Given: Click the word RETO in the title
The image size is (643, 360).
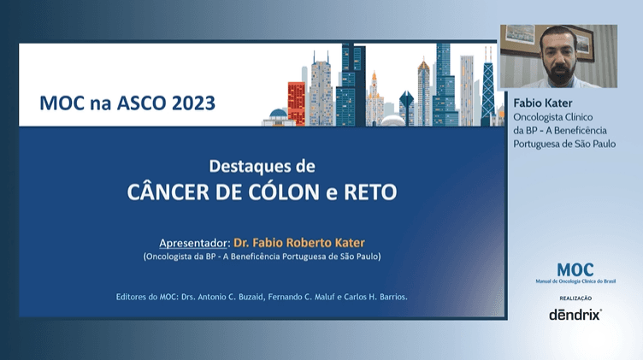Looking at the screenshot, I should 369,191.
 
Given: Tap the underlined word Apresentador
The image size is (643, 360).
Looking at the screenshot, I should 194,241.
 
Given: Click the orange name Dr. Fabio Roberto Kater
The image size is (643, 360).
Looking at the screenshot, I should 306,241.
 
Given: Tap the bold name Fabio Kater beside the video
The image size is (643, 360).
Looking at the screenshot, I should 542,103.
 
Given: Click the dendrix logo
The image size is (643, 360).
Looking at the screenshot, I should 575,314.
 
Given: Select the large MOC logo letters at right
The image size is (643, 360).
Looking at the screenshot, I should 575,269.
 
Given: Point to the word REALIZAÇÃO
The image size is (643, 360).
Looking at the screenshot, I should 575,297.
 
